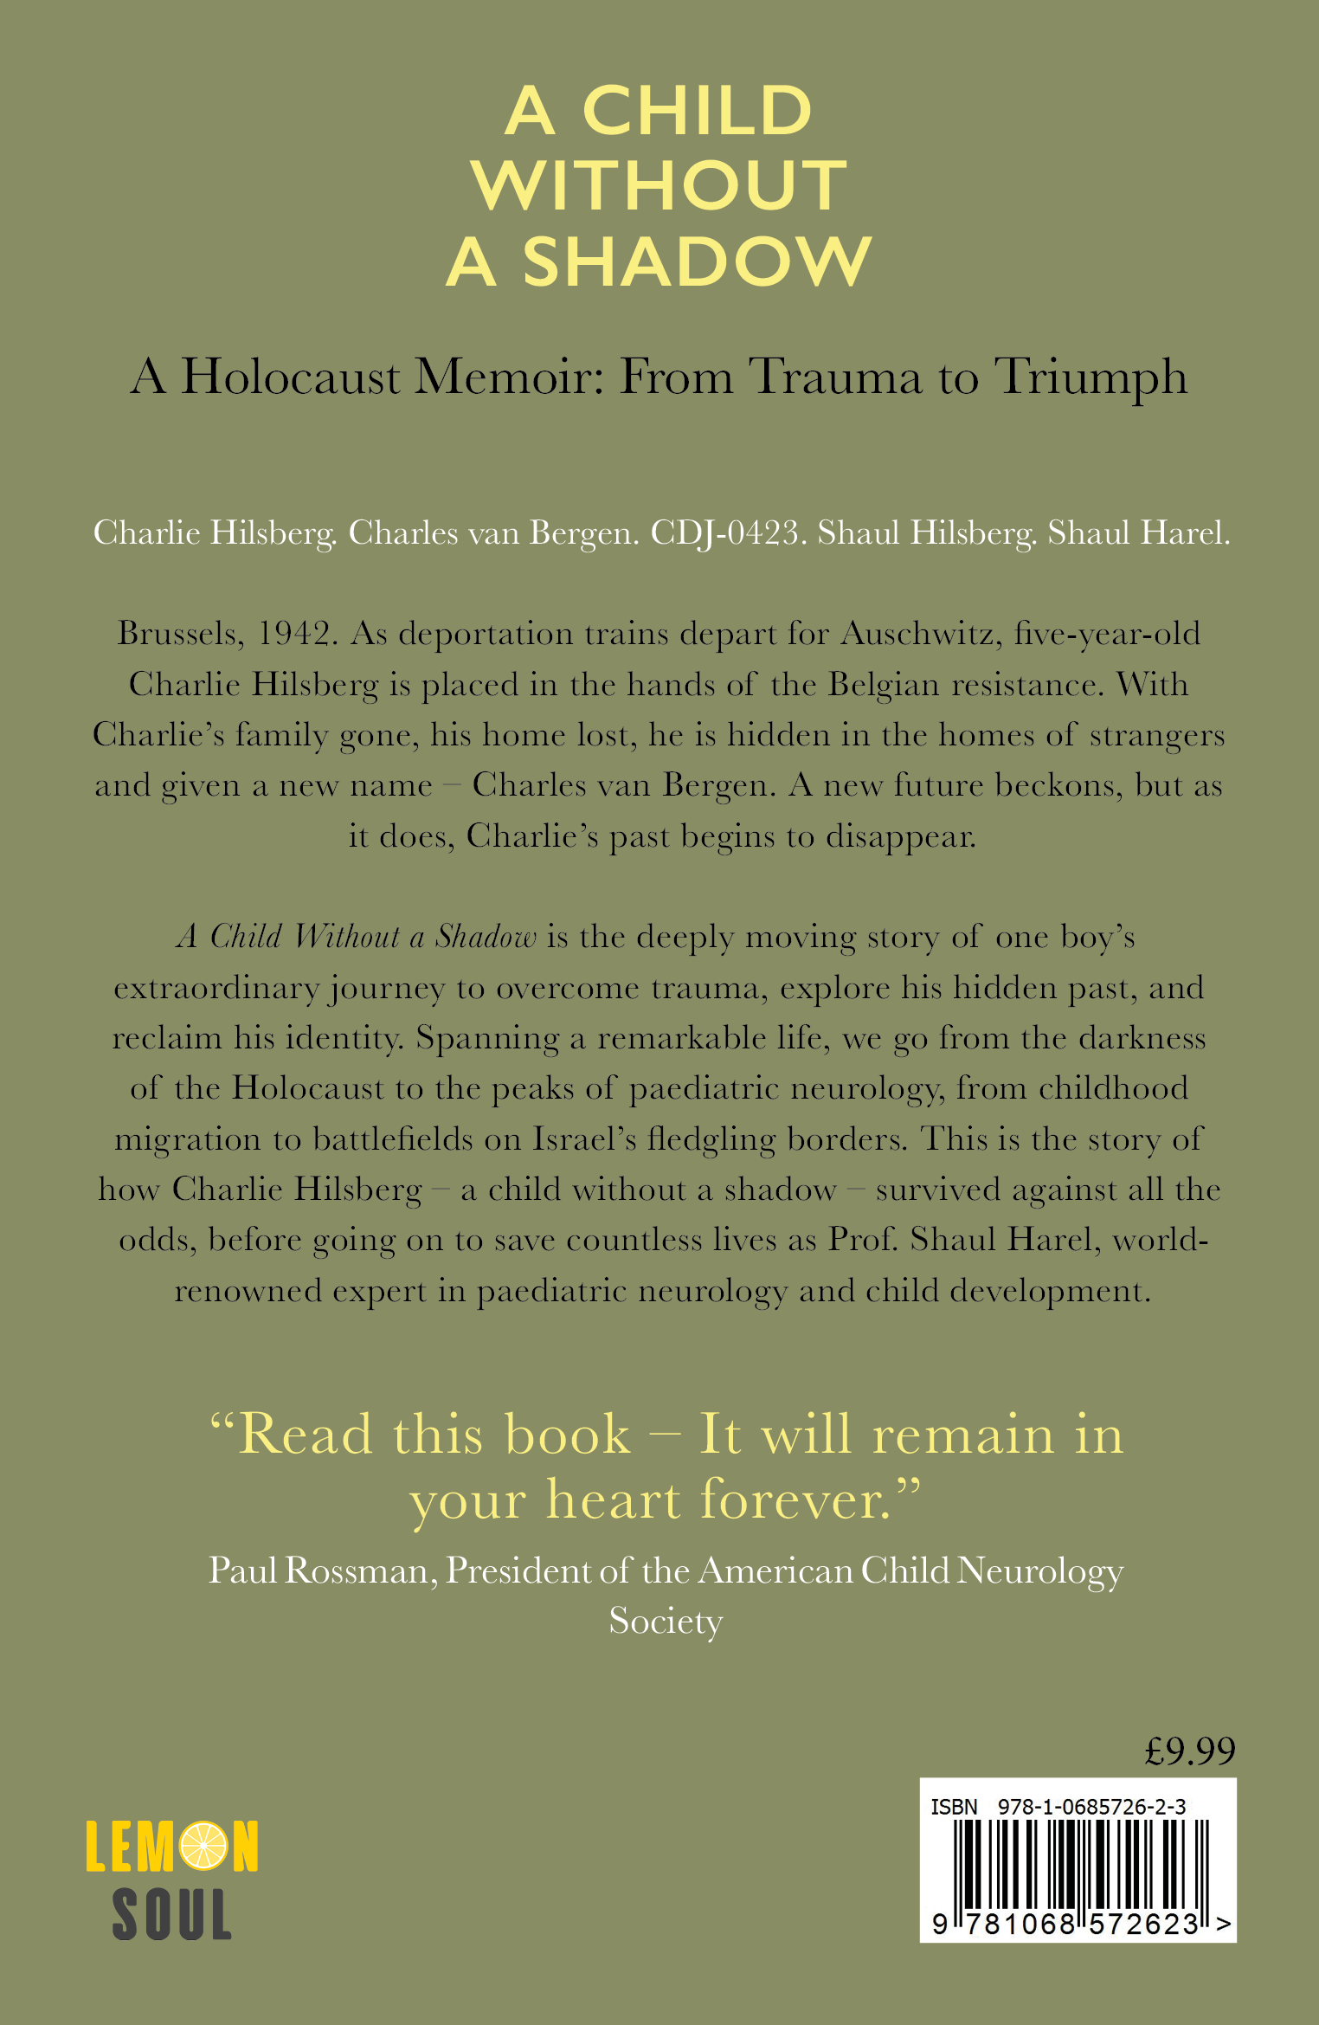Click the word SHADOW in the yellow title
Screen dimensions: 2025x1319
coord(697,261)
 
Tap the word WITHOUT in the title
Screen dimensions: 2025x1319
coord(659,185)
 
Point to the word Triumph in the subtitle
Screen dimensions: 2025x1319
coord(1091,377)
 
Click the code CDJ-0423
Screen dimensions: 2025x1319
coord(724,533)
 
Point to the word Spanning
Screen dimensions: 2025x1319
coord(487,1038)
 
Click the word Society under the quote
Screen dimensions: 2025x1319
coord(665,1622)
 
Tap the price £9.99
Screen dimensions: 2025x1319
coord(1190,1751)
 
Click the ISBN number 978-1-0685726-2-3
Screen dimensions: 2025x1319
coord(1091,1807)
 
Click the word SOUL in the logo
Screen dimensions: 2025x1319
coord(172,1914)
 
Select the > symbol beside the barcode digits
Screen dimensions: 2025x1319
coord(1223,1924)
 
